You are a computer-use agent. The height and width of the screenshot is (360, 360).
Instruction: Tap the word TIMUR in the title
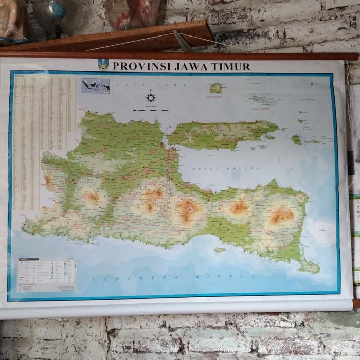[233, 66]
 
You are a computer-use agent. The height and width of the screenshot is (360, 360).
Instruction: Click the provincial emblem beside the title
[103, 65]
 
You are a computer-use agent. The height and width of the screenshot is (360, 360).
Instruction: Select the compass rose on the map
[151, 97]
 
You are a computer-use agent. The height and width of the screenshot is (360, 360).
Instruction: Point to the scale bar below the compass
[150, 110]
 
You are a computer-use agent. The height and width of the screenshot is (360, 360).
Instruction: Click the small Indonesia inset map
[96, 85]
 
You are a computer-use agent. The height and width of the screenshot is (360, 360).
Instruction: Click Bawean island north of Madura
[216, 88]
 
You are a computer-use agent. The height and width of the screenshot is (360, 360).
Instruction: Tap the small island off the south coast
[220, 250]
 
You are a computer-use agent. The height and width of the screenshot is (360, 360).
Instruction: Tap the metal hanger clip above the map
[182, 41]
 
